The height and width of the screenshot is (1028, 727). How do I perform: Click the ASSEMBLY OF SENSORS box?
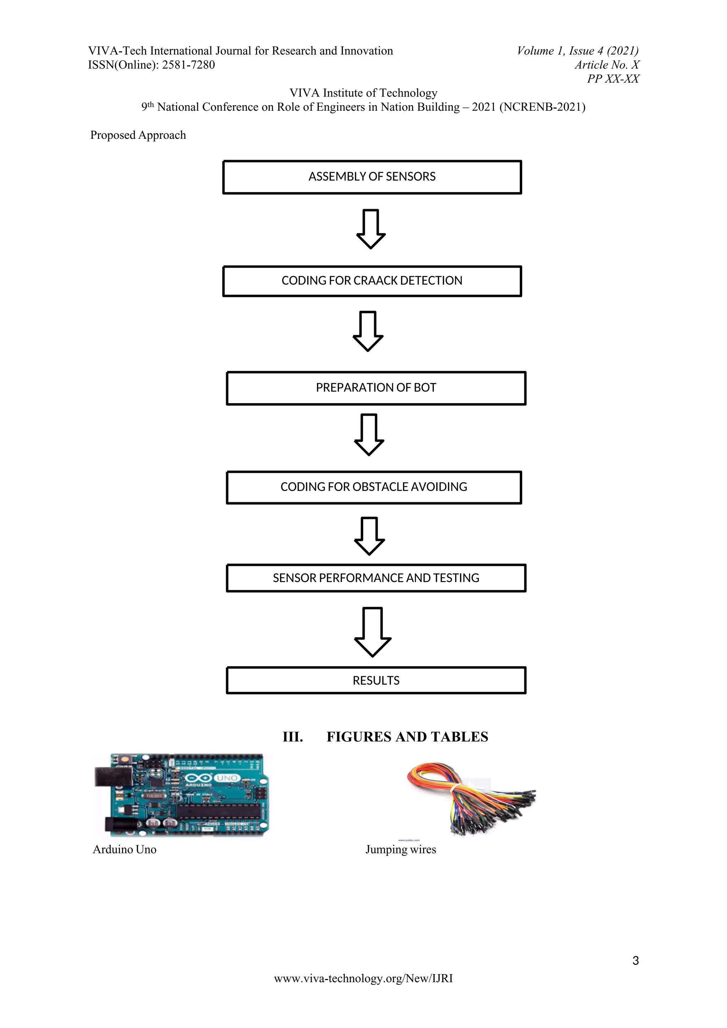pyautogui.click(x=372, y=177)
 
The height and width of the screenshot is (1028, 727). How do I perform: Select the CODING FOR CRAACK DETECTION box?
pyautogui.click(x=372, y=281)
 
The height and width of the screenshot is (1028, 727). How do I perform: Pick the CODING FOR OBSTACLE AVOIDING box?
pyautogui.click(x=374, y=487)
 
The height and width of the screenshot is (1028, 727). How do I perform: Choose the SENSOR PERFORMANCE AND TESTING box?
pyautogui.click(x=376, y=578)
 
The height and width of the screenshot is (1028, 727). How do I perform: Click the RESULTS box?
pyautogui.click(x=376, y=680)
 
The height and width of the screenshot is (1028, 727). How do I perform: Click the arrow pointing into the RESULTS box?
pyautogui.click(x=372, y=631)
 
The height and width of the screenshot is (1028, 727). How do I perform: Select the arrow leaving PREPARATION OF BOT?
pyautogui.click(x=369, y=434)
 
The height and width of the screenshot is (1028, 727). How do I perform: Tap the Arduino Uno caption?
pyautogui.click(x=125, y=849)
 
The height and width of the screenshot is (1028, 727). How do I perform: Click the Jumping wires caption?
pyautogui.click(x=401, y=849)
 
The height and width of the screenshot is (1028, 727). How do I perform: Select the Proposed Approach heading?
pyautogui.click(x=138, y=135)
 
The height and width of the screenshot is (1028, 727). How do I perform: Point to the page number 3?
pyautogui.click(x=635, y=961)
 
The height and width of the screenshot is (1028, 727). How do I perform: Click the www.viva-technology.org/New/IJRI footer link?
pyautogui.click(x=363, y=978)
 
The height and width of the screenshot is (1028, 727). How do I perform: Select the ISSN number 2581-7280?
pyautogui.click(x=188, y=65)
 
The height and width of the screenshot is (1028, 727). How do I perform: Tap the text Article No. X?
pyautogui.click(x=607, y=65)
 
